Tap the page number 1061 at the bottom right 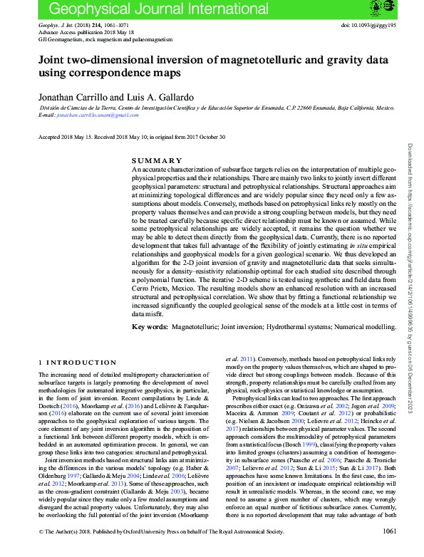click(x=389, y=551)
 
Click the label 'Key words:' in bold click(x=150, y=327)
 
